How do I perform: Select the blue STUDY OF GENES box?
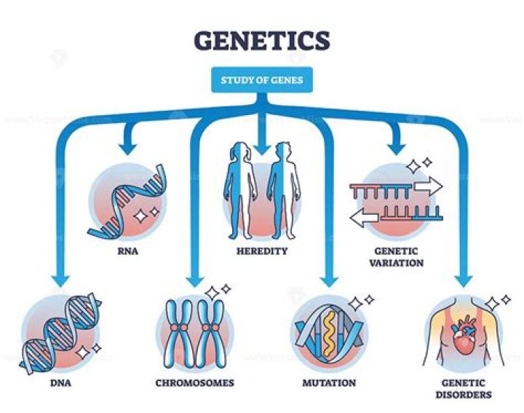click(x=261, y=81)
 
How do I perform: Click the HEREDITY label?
click(x=263, y=251)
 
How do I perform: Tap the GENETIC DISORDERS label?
click(x=462, y=388)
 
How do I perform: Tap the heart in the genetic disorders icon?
click(x=464, y=337)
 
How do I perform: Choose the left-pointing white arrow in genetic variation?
click(x=361, y=216)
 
